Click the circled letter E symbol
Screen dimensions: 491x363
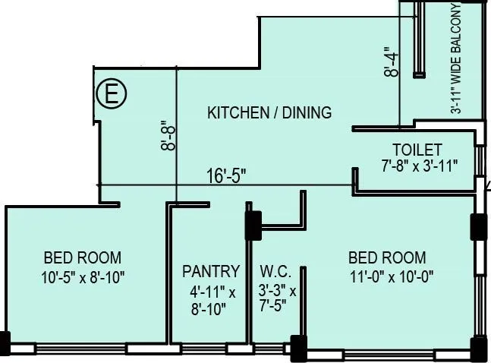112,93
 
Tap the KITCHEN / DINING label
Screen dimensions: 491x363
269,112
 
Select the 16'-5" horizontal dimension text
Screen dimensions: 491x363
226,175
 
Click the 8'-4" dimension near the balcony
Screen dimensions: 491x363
392,62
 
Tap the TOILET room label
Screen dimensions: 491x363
417,150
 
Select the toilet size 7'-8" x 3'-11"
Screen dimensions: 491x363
420,166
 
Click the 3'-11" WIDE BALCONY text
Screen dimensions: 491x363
455,58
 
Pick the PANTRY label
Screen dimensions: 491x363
211,271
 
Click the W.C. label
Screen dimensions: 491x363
275,271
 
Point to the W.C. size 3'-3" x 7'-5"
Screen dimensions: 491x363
277,298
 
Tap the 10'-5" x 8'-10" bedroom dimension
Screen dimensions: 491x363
83,277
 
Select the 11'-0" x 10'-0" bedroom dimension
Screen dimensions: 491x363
392,276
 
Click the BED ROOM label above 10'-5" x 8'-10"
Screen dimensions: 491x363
83,257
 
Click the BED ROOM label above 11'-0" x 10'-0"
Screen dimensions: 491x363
387,257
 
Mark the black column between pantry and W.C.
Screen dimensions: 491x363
253,226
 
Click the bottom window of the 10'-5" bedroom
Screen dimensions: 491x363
81,349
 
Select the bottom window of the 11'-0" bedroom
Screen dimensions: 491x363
389,355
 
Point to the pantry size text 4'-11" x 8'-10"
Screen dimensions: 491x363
212,301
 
